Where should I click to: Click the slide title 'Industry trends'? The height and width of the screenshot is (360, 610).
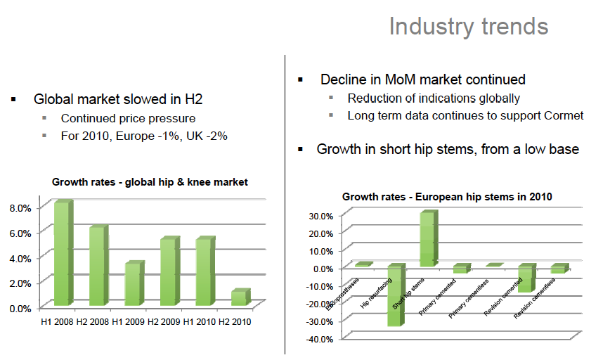point(469,27)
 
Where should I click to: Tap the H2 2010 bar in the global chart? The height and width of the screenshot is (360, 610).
point(239,297)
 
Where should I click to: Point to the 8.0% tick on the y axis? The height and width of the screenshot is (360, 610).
point(20,208)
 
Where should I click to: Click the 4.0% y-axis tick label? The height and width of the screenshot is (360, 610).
point(20,258)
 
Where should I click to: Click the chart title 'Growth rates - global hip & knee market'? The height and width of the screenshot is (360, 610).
point(150,182)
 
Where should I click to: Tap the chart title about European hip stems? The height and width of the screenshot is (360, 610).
point(447,197)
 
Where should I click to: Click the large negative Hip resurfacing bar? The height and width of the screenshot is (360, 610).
point(395,295)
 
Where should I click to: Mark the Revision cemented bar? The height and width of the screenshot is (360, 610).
point(525,278)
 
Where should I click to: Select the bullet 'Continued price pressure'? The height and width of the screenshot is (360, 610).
point(128,118)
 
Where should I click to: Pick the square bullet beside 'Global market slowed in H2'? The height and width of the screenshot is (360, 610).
point(14,99)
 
